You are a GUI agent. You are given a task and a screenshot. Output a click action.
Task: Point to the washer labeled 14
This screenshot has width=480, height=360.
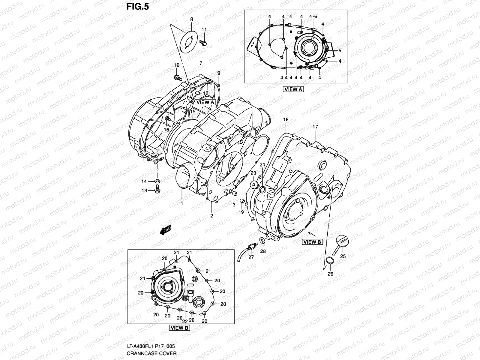pyautogui.click(x=157, y=181)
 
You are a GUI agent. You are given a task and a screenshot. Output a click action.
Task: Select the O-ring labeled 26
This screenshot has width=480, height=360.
pyautogui.click(x=329, y=260)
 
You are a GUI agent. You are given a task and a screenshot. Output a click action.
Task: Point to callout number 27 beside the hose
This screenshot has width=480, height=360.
pyautogui.click(x=251, y=257)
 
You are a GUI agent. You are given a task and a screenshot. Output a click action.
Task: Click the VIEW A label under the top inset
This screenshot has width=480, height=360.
pyautogui.click(x=293, y=89)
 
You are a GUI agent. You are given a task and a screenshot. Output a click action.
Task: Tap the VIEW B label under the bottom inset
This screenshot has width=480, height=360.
pyautogui.click(x=179, y=328)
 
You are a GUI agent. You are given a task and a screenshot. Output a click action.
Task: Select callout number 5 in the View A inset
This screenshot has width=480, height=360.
pyautogui.click(x=340, y=50)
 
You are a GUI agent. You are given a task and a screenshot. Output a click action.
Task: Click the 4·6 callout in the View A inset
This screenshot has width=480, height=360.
pyautogui.click(x=313, y=16)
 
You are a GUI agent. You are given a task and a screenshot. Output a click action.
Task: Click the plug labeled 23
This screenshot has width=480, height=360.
pyautogui.click(x=255, y=185)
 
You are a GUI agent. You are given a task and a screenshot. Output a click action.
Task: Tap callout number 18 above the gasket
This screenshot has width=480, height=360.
pyautogui.click(x=286, y=119)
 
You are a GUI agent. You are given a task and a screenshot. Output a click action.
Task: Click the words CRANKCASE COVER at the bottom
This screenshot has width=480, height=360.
pyautogui.click(x=151, y=353)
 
